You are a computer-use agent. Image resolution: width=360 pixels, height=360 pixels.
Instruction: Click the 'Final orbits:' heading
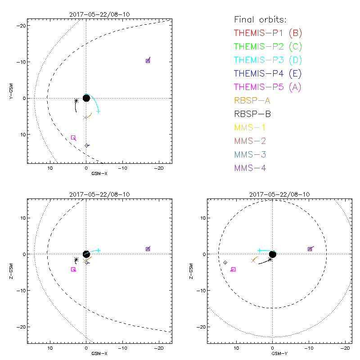click(261, 19)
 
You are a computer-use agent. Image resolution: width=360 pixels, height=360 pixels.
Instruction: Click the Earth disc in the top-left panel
click(86, 98)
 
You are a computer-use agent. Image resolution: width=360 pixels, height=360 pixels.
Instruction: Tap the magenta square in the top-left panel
click(73, 138)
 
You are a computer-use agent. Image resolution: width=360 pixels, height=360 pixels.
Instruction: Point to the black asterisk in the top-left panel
click(76, 101)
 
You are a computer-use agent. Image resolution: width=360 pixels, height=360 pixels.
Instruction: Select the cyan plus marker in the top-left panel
click(98, 111)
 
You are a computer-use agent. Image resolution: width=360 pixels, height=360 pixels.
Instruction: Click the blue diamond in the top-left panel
click(86, 145)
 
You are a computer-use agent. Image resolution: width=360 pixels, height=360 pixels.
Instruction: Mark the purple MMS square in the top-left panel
click(148, 61)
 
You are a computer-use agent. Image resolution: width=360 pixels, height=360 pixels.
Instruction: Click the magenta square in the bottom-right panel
click(233, 269)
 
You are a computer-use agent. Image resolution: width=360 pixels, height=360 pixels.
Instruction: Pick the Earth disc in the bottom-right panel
click(272, 254)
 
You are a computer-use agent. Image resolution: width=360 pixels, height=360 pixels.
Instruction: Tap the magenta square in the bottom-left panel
click(73, 269)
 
